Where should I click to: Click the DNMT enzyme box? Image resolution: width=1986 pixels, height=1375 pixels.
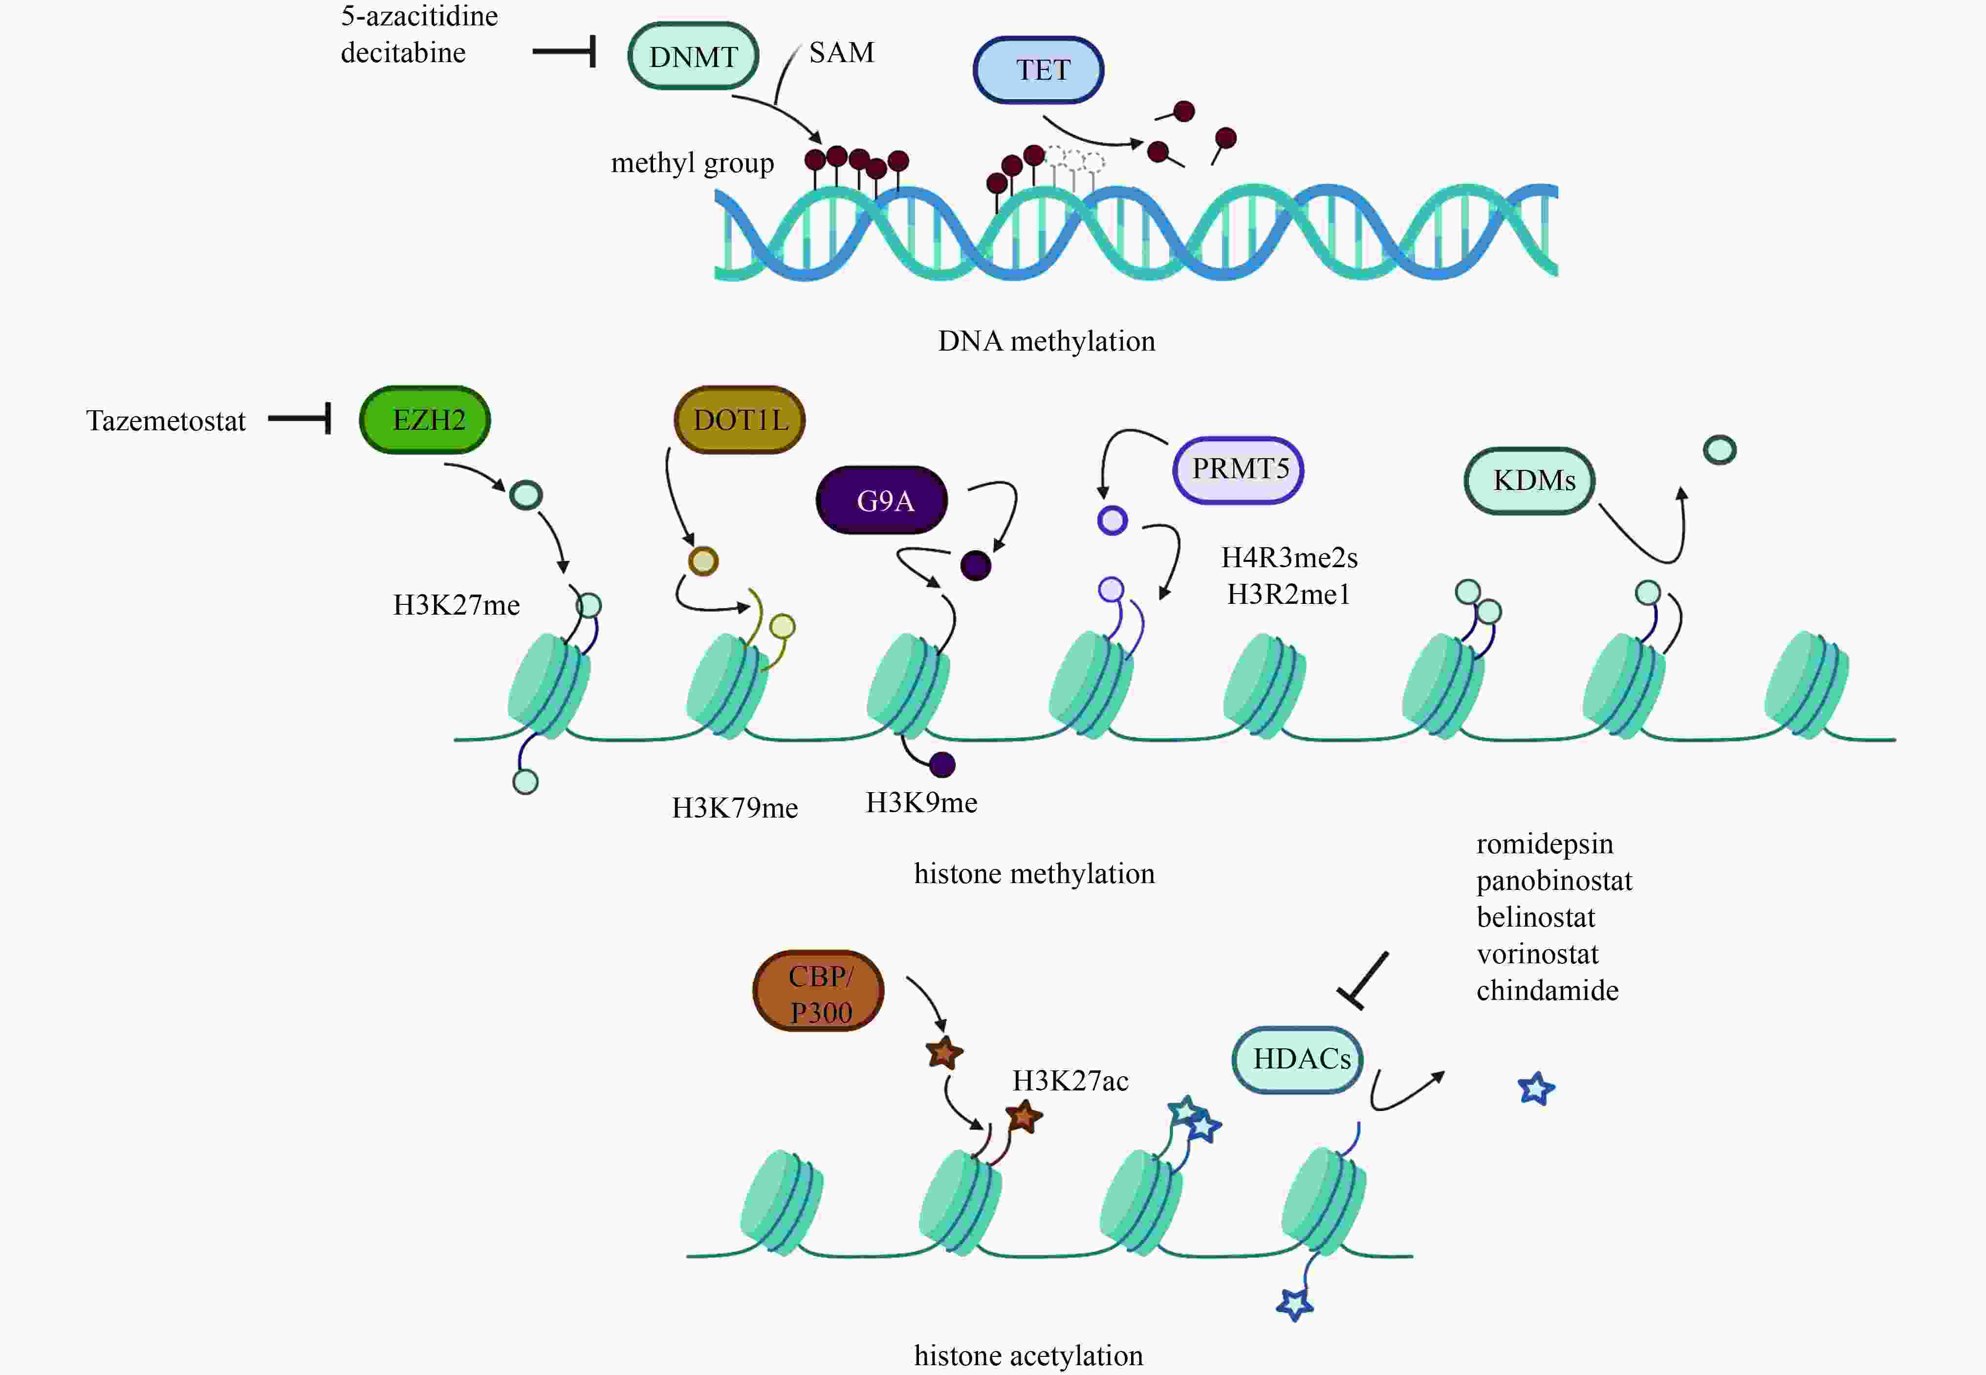[693, 56]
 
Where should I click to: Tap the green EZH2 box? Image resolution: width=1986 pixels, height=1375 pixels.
[425, 420]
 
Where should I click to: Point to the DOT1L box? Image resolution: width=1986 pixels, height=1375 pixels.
[740, 420]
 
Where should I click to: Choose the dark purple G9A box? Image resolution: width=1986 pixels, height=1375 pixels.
[882, 501]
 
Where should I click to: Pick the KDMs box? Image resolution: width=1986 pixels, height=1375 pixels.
[1529, 481]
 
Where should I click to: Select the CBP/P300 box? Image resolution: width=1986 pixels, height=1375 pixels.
[818, 991]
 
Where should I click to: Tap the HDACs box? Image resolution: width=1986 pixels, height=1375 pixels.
[1298, 1059]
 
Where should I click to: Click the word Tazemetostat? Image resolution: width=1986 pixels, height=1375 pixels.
[165, 421]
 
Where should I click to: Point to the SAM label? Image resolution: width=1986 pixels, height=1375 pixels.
[841, 52]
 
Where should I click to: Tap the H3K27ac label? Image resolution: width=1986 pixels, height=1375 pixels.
[1069, 1080]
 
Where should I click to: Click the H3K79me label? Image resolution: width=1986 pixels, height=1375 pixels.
[735, 808]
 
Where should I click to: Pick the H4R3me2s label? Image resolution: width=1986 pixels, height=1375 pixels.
[1289, 557]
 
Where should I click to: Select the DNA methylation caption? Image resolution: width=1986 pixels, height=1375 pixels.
[1047, 341]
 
